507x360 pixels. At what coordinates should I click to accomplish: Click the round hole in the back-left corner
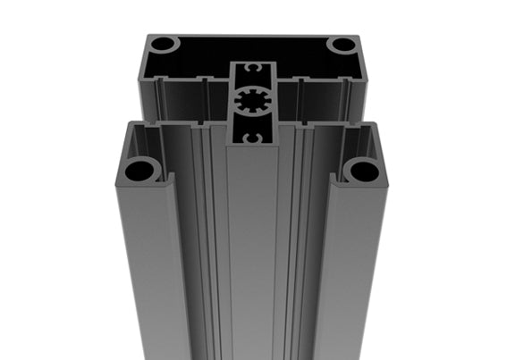(164, 44)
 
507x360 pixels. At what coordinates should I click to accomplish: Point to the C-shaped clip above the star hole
(252, 69)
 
